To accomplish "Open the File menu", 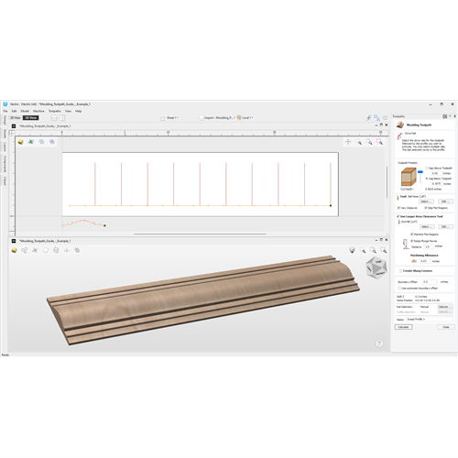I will pyautogui.click(x=5, y=111).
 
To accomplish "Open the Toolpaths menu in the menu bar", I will pyautogui.click(x=54, y=111).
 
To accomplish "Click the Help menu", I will pyautogui.click(x=78, y=111).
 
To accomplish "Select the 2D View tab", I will pyautogui.click(x=16, y=118).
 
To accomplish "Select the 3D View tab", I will pyautogui.click(x=30, y=118).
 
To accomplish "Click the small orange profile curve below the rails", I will pyautogui.click(x=82, y=223).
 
